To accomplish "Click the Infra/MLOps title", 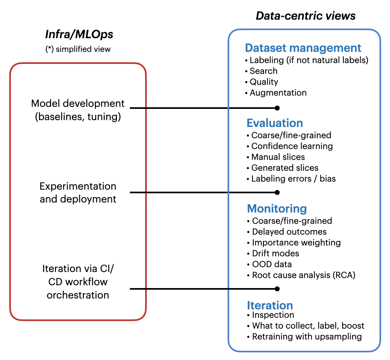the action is coord(79,34).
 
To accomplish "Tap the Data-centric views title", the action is coord(306,16).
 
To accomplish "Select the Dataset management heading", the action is coord(303,48).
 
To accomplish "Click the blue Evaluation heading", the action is coord(275,123).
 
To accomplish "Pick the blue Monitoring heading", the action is coord(277,209).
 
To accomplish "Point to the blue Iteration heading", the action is coord(270,305).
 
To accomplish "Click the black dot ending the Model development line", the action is coord(277,108).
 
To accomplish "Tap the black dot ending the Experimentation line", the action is coord(277,192).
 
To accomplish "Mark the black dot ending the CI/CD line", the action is coord(277,288).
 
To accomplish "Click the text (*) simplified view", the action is coord(78,49).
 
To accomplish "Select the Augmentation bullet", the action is coord(276,93).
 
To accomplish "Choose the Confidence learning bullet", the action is coord(290,146).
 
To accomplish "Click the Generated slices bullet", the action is coord(283,168).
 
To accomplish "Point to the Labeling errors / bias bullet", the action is coord(291,179).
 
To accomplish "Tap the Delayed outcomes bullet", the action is coord(287,232).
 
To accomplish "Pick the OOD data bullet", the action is coord(270,264).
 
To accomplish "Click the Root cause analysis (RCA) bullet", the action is coord(302,275).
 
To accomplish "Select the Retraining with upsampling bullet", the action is coord(305,337).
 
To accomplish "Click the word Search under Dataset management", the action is coord(263,71).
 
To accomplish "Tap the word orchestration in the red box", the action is coord(78,295).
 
